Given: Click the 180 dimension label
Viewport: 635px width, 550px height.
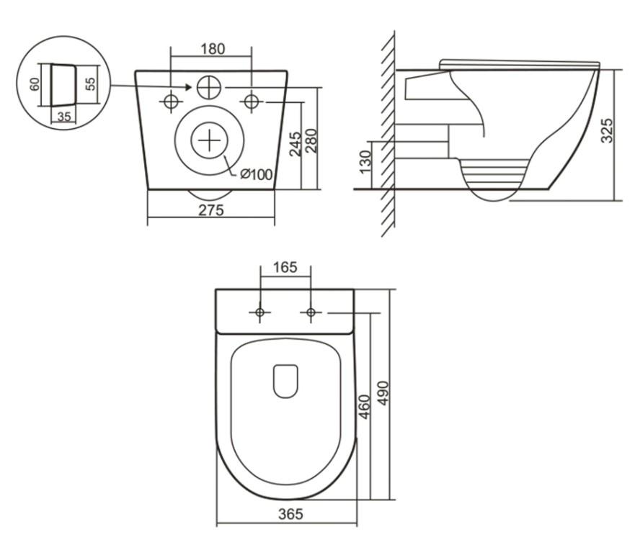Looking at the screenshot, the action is point(213,49).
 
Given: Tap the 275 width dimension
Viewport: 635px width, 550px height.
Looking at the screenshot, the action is point(210,210).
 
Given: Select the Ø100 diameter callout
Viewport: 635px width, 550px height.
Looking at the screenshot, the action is point(256,174).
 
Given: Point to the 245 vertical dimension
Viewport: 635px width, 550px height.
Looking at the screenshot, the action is point(296,143).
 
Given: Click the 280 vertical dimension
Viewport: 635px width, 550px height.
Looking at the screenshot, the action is point(311,140).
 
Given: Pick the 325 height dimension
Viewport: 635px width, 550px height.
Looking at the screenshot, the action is point(607,130).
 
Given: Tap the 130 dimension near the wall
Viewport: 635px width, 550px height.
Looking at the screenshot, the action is point(365,161).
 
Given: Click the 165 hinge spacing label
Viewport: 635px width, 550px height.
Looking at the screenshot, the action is point(285,267).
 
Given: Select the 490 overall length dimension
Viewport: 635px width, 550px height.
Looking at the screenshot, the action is point(383,392).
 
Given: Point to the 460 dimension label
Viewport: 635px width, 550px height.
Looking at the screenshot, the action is point(365,407).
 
